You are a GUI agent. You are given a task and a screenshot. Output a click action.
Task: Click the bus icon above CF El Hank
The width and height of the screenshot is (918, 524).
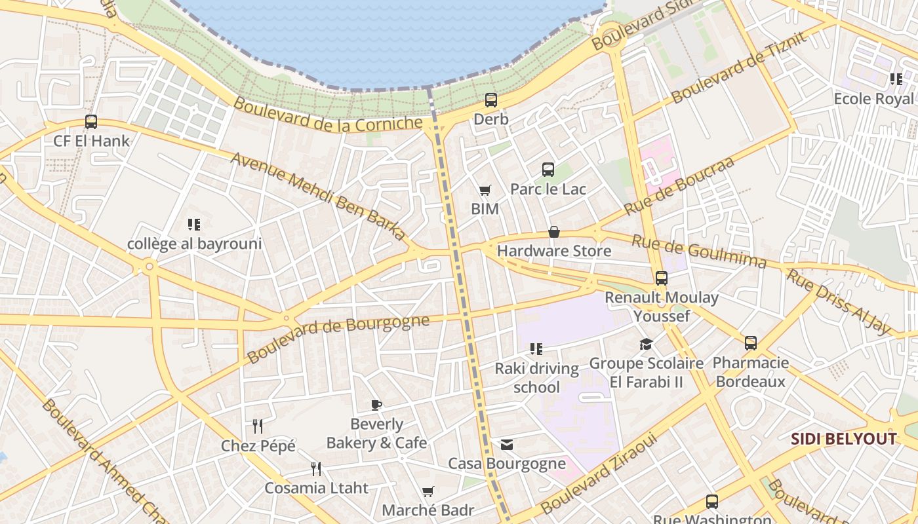(x=91, y=122)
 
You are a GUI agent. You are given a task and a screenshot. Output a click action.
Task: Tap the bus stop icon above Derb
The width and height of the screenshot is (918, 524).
(x=491, y=100)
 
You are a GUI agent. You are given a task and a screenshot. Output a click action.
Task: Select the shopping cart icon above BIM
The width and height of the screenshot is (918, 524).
(x=485, y=191)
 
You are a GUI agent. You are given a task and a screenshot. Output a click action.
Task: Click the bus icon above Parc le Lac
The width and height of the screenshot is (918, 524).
(x=548, y=170)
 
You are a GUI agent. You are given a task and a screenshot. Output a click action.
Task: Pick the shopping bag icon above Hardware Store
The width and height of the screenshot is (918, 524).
(x=554, y=232)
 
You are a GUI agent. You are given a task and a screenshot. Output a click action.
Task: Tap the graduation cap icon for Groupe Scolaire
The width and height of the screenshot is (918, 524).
(x=646, y=344)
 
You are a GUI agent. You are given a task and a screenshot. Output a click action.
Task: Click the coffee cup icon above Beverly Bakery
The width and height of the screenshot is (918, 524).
(x=376, y=405)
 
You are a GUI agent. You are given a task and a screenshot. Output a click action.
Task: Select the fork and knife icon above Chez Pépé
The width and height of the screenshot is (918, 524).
(x=258, y=426)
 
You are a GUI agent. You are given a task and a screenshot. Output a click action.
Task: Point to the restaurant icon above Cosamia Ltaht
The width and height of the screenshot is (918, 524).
(x=316, y=468)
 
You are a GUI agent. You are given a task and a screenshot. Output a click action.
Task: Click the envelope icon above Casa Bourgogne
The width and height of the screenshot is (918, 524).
(x=507, y=445)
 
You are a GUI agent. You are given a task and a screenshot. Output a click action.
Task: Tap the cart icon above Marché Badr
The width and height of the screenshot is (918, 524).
(x=428, y=491)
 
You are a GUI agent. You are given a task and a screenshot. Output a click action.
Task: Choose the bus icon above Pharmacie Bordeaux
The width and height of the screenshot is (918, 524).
(x=751, y=343)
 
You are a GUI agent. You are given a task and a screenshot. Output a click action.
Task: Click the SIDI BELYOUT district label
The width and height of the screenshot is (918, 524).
(x=843, y=439)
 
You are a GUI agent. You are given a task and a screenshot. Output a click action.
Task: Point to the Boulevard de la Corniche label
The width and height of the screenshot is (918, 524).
(x=328, y=115)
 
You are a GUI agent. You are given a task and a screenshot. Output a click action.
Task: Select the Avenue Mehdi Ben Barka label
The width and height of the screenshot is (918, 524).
(x=319, y=197)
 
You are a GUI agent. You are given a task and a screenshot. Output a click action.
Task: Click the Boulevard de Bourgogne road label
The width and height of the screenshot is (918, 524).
(x=338, y=338)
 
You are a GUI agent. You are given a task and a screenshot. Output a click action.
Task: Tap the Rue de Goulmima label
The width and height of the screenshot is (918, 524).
(x=699, y=252)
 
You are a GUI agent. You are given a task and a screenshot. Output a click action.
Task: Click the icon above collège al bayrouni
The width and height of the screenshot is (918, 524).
(x=193, y=225)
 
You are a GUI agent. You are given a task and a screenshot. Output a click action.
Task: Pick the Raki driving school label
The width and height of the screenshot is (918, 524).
(x=536, y=378)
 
